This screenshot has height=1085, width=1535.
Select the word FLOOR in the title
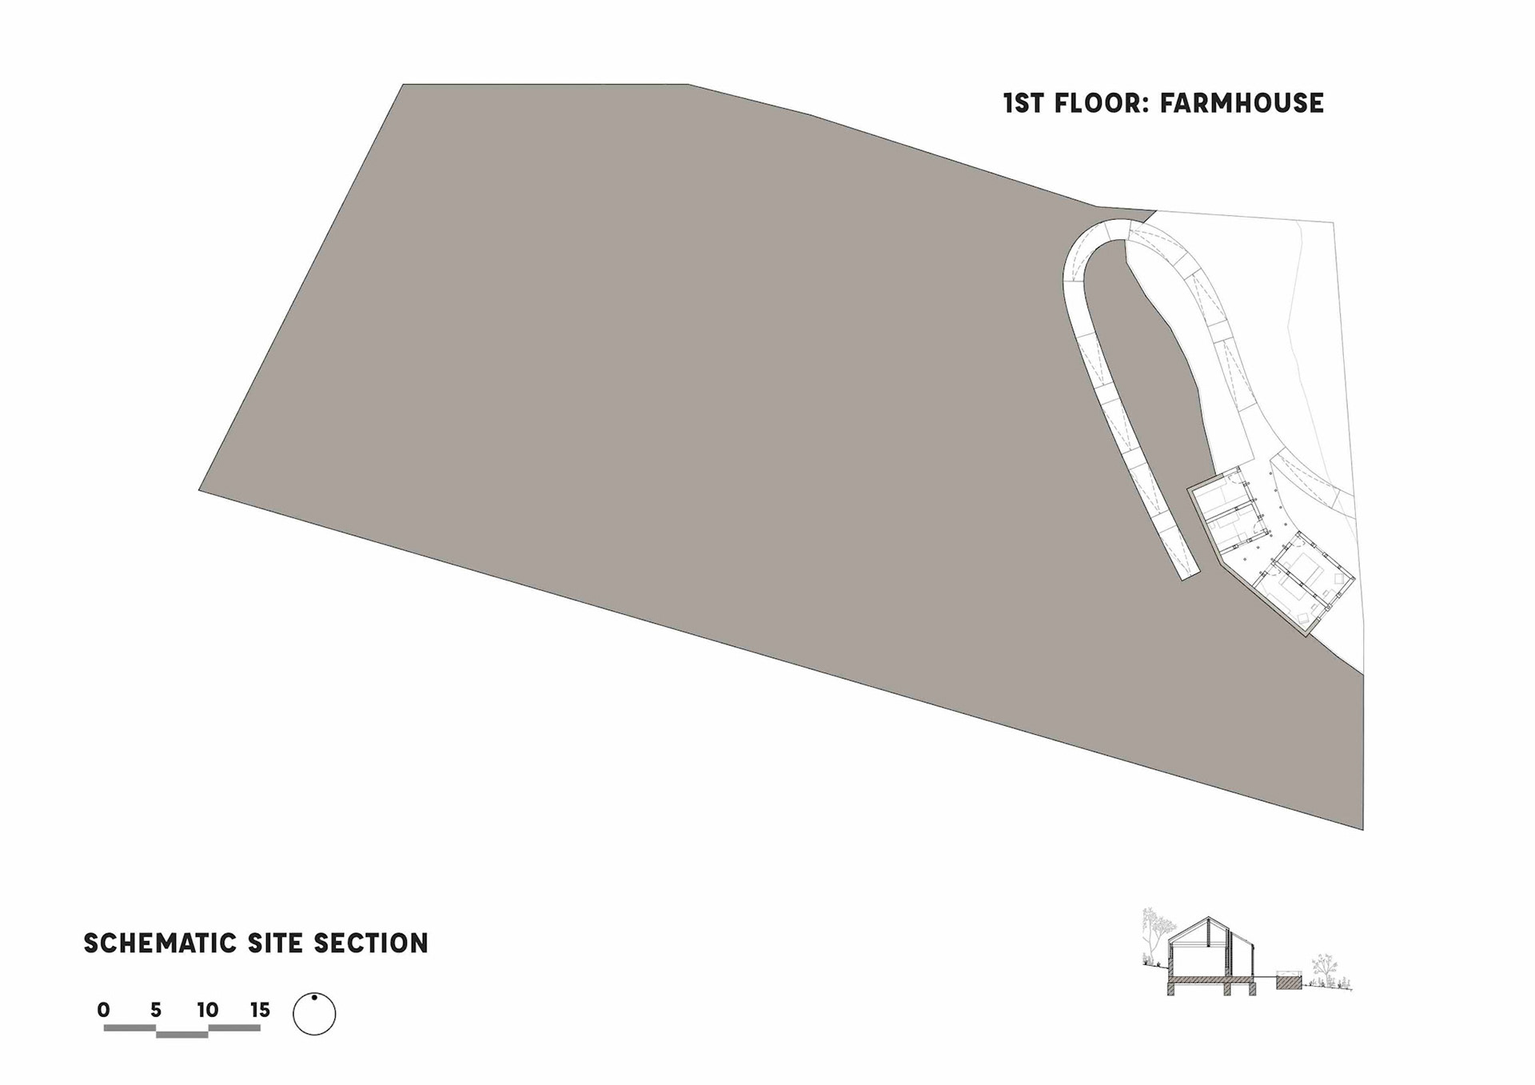pos(1099,103)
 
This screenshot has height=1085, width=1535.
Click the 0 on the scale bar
pos(103,1011)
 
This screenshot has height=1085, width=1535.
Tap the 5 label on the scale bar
pos(156,1011)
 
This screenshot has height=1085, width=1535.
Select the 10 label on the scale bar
pos(208,1011)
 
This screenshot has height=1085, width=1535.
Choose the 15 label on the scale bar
pos(260,1011)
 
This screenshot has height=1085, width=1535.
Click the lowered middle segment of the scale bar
pos(182,1035)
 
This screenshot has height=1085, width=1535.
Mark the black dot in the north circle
pos(314,997)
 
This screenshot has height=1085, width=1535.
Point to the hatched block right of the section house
pos(1289,981)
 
